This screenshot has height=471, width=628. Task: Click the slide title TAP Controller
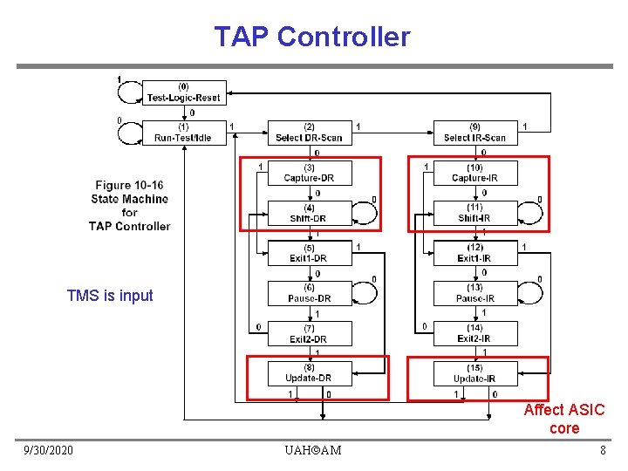coord(311,37)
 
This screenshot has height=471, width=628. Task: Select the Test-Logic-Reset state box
coord(183,92)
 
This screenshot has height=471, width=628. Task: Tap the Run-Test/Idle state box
coord(183,133)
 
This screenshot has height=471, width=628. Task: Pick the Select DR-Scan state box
coord(309,133)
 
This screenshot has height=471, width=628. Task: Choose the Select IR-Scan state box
coord(474,133)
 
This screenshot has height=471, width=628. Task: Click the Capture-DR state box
coord(309,173)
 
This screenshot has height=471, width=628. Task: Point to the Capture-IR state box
coord(474,173)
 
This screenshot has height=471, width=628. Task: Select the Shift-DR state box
coord(309,213)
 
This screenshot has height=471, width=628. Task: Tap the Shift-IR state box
coord(474,213)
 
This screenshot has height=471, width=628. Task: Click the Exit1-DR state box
coord(309,253)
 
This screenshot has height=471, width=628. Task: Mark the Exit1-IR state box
coord(474,253)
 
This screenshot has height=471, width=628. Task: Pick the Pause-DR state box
coord(309,293)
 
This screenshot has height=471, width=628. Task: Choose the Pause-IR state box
coord(474,293)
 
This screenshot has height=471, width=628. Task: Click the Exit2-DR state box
coord(309,333)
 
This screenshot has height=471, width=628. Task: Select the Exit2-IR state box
coord(474,333)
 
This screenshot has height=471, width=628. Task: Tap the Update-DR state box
coord(309,373)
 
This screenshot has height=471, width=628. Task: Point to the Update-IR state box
coord(474,373)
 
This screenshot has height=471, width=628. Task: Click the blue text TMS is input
coord(110,296)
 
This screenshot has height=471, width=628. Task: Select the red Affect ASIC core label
coord(563,419)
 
